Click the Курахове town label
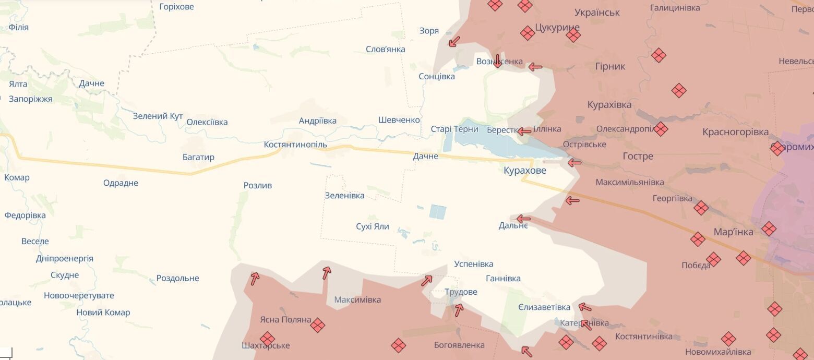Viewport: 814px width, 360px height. coord(525,170)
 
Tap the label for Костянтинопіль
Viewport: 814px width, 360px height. coord(295,144)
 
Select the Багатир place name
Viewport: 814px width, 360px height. coord(198,157)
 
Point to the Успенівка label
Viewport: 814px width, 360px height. coord(474,264)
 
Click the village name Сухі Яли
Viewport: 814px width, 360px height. coord(373,227)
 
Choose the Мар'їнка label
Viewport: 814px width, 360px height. coord(734,232)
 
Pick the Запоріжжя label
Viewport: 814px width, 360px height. coord(31,99)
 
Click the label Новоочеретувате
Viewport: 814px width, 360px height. coord(79,295)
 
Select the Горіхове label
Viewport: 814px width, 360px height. coord(176,7)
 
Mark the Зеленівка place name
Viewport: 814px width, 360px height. coord(344,196)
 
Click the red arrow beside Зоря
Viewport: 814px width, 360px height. coord(454,41)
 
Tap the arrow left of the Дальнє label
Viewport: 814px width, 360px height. coord(523,219)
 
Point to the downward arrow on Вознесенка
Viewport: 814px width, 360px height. coord(497,61)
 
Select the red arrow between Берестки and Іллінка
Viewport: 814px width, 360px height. coord(524,131)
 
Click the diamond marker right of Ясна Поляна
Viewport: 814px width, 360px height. coord(317,326)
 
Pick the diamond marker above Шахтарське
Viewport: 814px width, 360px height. coord(267,339)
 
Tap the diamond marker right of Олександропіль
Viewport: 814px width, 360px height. coord(661,129)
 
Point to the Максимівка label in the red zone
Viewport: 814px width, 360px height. coord(357,299)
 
